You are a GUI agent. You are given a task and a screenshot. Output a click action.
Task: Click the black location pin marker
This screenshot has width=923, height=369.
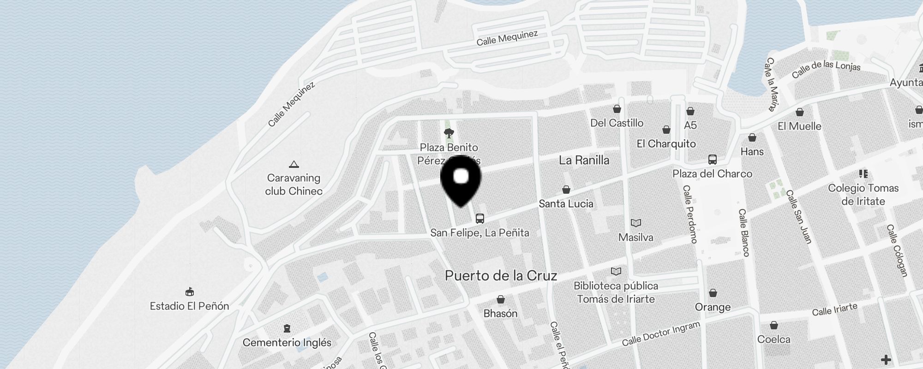click(x=461, y=179)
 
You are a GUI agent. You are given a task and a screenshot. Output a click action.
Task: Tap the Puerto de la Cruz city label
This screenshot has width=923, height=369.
click(x=501, y=276)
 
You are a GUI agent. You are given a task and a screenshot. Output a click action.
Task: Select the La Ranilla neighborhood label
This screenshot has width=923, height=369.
click(x=584, y=161)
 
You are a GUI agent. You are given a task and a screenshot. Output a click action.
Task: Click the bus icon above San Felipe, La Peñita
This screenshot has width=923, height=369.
click(x=480, y=219)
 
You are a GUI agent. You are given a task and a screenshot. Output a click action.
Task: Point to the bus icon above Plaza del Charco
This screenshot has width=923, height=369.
click(x=713, y=160)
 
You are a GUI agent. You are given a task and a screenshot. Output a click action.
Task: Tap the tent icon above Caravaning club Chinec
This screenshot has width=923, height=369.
click(x=294, y=164)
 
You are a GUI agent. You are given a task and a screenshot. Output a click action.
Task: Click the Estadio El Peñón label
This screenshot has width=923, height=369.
click(x=189, y=306)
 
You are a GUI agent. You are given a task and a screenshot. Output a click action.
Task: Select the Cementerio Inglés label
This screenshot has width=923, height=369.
click(x=287, y=343)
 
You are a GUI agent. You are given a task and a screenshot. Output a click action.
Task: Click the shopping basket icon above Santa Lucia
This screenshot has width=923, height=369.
click(x=566, y=190)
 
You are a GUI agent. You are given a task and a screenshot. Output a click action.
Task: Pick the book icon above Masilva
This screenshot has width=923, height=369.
click(x=636, y=223)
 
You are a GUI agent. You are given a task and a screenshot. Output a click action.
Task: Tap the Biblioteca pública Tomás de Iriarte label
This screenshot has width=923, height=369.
click(x=616, y=292)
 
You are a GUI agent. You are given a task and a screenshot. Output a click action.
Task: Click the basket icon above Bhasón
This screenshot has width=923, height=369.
click(x=501, y=300)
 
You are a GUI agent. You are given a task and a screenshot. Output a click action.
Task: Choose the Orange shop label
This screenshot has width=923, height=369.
click(x=713, y=307)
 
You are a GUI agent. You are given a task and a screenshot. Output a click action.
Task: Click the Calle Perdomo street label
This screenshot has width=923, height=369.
click(x=689, y=214)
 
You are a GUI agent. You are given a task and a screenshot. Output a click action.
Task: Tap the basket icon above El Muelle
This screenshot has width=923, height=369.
click(x=800, y=112)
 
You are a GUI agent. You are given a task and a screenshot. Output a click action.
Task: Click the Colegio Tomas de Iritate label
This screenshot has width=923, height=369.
click(x=863, y=195)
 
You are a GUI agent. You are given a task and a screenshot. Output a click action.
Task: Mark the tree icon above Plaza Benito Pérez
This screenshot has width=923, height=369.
click(x=449, y=134)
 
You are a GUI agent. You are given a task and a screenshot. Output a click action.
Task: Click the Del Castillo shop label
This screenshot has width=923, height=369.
click(x=617, y=123)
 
